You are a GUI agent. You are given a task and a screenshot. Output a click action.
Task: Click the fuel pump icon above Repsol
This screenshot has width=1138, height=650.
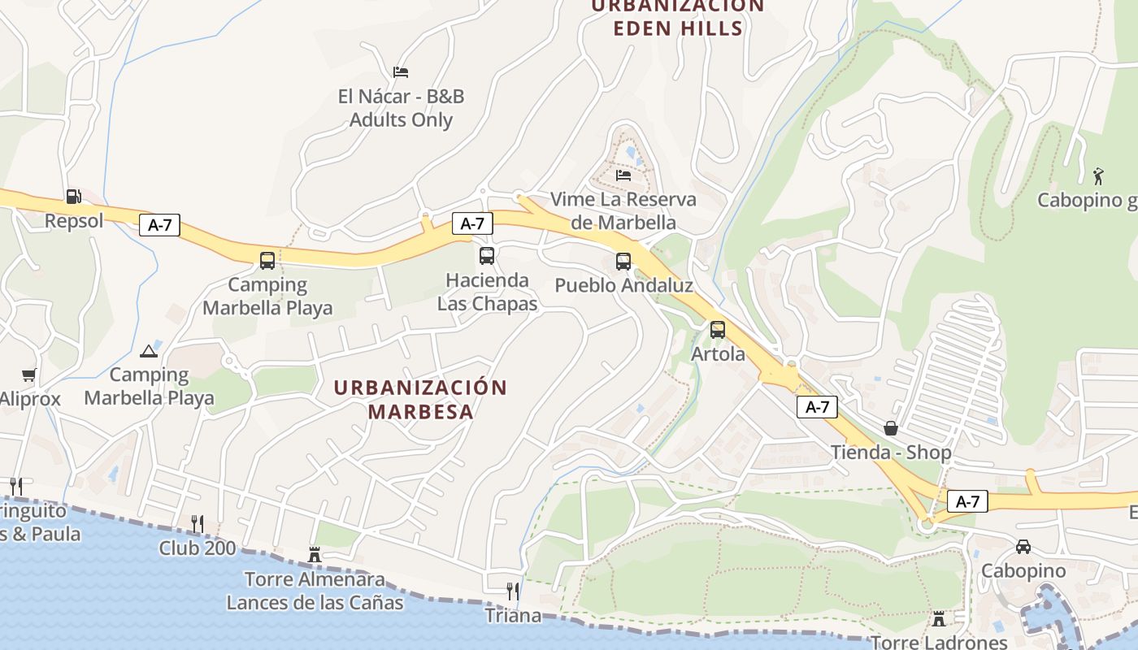[73, 197]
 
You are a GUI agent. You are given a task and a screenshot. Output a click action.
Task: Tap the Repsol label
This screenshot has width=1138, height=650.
[74, 221]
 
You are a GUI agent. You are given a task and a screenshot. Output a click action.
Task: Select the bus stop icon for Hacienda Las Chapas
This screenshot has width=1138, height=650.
[487, 256]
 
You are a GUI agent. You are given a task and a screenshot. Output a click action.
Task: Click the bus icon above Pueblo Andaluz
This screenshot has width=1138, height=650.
[623, 262]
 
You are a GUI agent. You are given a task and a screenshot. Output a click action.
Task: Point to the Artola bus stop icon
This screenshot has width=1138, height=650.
[718, 330]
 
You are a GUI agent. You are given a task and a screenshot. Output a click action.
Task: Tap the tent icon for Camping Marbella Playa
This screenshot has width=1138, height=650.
[148, 351]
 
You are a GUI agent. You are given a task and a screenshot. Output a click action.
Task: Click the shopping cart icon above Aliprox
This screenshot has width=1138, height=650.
[29, 375]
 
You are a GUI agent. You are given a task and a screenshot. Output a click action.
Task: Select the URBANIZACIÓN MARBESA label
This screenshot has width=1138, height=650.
[420, 399]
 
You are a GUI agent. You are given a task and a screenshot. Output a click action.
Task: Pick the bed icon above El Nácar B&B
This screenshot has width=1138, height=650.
[401, 72]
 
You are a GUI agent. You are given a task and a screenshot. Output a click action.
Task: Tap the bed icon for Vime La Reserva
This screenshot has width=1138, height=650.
[623, 175]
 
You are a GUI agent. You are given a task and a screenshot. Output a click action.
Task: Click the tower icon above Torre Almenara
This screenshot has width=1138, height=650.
[315, 555]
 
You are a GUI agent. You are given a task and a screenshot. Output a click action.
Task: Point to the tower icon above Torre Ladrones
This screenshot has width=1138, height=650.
[939, 619]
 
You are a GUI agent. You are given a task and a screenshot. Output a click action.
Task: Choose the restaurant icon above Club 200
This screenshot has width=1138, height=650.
[198, 523]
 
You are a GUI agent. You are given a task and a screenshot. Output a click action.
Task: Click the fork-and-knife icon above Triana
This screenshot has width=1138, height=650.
[513, 591]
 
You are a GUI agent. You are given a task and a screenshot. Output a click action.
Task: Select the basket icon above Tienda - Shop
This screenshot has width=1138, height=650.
[891, 428]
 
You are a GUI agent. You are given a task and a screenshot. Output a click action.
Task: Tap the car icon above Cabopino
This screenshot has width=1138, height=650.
[1023, 547]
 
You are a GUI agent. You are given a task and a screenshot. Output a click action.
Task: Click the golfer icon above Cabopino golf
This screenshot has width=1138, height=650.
[1098, 175]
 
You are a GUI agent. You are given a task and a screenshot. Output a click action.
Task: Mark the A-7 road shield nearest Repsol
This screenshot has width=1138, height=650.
[160, 225]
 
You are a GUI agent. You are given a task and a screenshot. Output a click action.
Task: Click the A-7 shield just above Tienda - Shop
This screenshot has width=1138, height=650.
[817, 407]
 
